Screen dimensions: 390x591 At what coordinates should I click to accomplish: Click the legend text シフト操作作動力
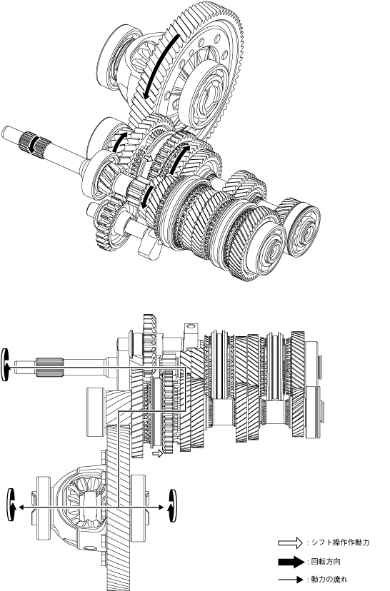click(x=341, y=542)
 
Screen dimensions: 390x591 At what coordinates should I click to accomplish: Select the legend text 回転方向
click(x=326, y=562)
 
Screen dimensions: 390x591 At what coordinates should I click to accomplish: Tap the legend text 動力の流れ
click(x=329, y=580)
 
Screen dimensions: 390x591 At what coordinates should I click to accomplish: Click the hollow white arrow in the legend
click(x=291, y=542)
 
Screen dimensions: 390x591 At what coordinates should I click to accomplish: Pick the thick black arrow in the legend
click(x=291, y=562)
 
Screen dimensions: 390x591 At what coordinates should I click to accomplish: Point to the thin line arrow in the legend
click(x=291, y=580)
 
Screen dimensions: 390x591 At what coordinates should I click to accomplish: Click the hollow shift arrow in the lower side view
click(x=158, y=453)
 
